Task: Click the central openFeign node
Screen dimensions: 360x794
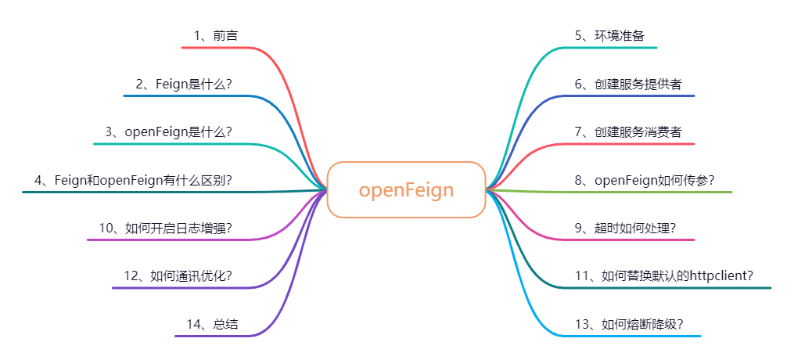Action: [x=406, y=190]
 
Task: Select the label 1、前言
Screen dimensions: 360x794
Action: [x=216, y=35]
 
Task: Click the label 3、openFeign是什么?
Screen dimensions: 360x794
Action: [x=168, y=131]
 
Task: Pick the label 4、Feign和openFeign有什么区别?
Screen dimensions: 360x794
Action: [x=133, y=180]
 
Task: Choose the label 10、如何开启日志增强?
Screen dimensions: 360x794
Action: [x=165, y=228]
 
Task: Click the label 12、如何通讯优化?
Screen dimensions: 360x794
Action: [x=178, y=276]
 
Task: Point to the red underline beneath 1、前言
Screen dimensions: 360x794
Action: [x=219, y=48]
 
